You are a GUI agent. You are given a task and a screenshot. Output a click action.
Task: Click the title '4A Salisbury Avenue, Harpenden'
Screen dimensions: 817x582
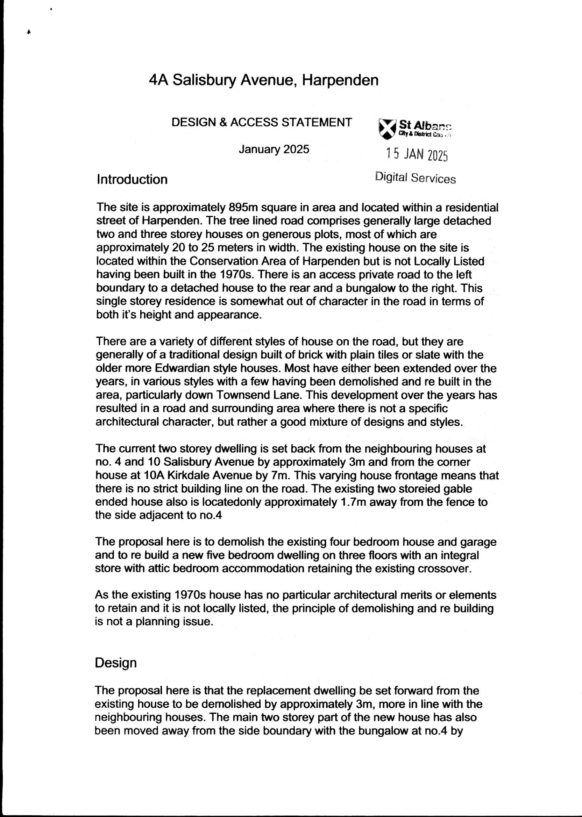(x=263, y=80)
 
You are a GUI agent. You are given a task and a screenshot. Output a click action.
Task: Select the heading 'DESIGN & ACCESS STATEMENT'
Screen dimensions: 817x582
(x=262, y=122)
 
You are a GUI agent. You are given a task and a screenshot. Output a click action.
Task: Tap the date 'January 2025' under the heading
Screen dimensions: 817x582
(x=274, y=149)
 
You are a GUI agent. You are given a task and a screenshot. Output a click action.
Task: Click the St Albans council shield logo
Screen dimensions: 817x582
(x=387, y=129)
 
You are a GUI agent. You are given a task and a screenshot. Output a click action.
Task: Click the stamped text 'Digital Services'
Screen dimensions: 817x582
(x=416, y=178)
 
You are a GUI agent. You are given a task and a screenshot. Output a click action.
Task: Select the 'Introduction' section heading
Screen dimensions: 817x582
(x=132, y=179)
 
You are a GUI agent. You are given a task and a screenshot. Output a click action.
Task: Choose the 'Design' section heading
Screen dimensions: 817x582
(x=115, y=663)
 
